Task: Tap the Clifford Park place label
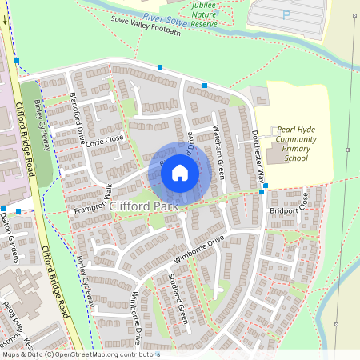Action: click(x=144, y=206)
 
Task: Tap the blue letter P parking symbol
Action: click(x=286, y=15)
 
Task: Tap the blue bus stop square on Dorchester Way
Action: click(x=262, y=193)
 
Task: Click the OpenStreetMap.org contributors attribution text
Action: click(x=104, y=354)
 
